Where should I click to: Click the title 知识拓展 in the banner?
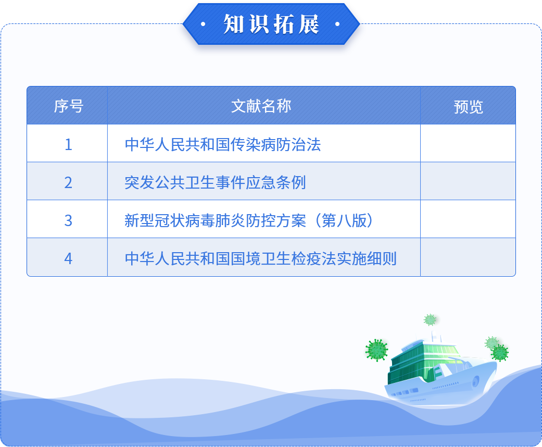[x=271, y=24]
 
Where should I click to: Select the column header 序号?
[x=68, y=106]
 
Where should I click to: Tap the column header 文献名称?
[x=261, y=106]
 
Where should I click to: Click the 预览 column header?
[x=468, y=107]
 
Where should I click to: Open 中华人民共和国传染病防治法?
[x=223, y=144]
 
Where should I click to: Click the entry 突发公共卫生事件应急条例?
[x=216, y=182]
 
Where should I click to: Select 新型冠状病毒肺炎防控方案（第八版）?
[x=249, y=220]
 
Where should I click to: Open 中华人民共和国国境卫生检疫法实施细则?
[x=261, y=258]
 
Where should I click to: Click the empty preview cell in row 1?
[x=468, y=143]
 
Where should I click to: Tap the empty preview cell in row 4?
[x=468, y=257]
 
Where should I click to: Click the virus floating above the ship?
[x=430, y=320]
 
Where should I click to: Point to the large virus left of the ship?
[x=376, y=350]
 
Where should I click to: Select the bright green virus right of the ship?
[x=500, y=353]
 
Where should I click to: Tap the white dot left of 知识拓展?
[x=203, y=24]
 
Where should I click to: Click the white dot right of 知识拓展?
[x=338, y=24]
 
